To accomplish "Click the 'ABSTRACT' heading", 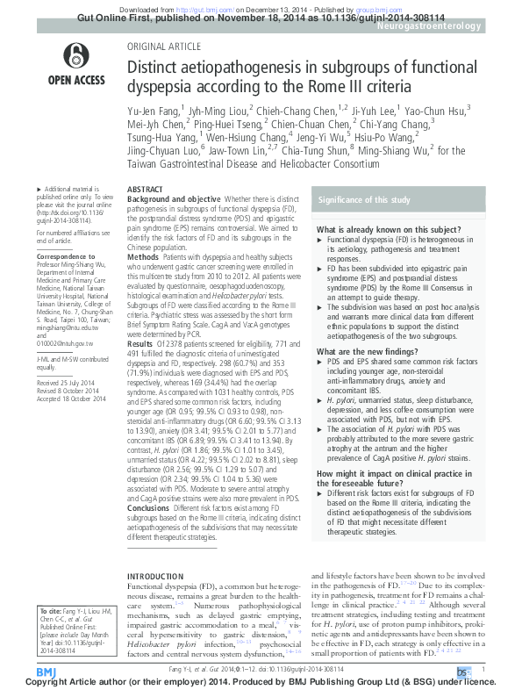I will [x=145, y=190].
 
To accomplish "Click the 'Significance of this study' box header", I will [x=363, y=200].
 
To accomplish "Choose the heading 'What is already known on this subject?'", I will [x=379, y=229].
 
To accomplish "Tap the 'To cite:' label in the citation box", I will [x=51, y=609].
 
